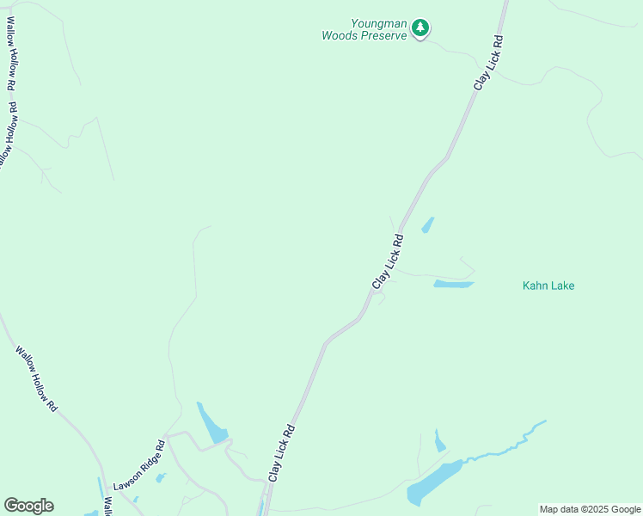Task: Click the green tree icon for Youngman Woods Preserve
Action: pos(419,28)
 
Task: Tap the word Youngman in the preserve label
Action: pos(377,23)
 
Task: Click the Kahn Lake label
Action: pos(548,286)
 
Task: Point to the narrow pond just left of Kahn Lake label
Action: pos(453,284)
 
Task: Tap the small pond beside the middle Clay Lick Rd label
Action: pos(427,225)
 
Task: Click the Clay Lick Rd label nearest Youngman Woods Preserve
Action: pos(487,63)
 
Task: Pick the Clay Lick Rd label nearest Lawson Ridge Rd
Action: pos(282,452)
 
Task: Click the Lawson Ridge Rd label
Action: pos(138,467)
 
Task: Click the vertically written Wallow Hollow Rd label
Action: pos(10,59)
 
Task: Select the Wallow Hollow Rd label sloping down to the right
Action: pos(36,379)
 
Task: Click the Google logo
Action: pos(28,506)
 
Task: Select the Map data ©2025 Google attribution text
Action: pos(590,509)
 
